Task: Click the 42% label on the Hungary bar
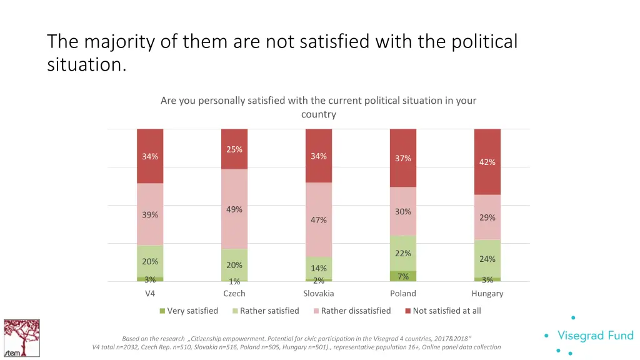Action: [x=487, y=162]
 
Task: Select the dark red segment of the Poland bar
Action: [x=403, y=144]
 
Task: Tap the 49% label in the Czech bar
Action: [x=234, y=209]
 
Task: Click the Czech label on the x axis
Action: [x=234, y=294]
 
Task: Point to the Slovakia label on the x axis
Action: [x=319, y=294]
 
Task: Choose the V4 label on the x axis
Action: [x=150, y=294]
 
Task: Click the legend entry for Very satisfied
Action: [x=189, y=311]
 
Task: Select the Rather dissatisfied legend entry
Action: [x=351, y=311]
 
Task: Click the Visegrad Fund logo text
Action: [x=595, y=336]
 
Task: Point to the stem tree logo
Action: [x=21, y=338]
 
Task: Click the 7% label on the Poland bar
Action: [x=403, y=276]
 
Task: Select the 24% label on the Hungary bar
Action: [x=487, y=259]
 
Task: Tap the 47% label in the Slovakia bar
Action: [x=319, y=220]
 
